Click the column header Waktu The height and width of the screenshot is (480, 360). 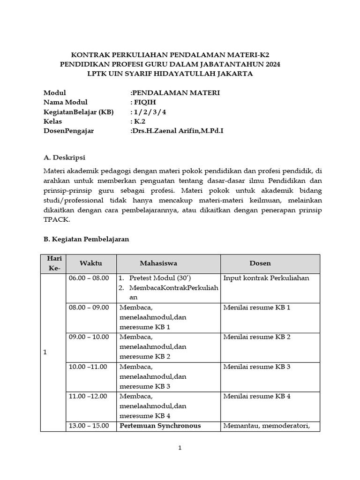pos(90,263)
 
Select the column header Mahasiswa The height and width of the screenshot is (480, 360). pos(158,263)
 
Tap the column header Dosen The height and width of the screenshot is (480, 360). pos(260,263)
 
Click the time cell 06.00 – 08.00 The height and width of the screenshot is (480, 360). pos(89,278)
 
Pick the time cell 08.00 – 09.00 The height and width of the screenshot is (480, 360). pos(89,307)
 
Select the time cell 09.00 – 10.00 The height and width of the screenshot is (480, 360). pos(89,337)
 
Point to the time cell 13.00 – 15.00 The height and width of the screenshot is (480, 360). pos(89,426)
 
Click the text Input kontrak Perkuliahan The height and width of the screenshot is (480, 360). pos(266,278)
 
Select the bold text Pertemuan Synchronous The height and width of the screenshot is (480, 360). pos(160,426)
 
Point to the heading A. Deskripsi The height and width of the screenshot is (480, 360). pos(64,157)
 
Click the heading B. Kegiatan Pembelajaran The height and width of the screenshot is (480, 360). pos(86,239)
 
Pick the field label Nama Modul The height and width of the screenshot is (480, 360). pos(65,102)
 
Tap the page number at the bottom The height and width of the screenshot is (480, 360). pos(180,448)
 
